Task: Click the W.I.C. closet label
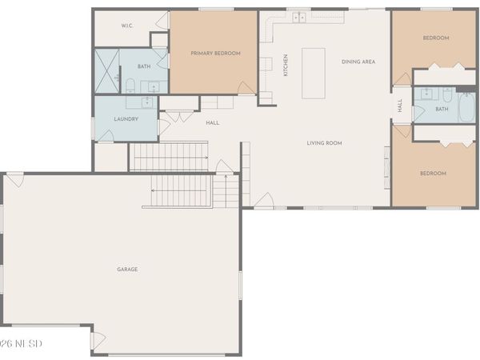126,26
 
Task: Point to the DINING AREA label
358,62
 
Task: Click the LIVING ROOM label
324,143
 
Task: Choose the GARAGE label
127,269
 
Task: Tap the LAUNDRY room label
126,119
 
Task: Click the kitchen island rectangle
314,73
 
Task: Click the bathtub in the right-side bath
465,106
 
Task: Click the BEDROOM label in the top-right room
435,38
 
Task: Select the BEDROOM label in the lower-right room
433,173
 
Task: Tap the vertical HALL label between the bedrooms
400,106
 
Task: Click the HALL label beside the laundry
212,122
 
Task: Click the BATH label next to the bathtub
442,109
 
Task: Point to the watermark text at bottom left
21,343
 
